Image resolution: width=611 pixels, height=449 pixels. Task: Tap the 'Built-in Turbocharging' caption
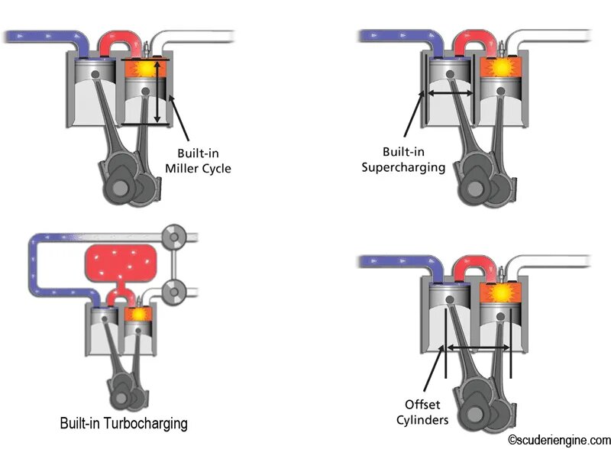pos(124,422)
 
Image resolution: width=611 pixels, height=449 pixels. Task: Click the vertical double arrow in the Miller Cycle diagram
pos(158,92)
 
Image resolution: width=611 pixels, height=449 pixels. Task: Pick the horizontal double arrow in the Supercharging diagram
pos(451,92)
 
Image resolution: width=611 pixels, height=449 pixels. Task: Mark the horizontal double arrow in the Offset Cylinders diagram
pos(478,347)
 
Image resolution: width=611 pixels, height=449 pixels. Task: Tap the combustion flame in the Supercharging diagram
pos(501,68)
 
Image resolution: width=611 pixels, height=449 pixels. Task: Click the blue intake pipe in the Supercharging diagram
pos(397,35)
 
